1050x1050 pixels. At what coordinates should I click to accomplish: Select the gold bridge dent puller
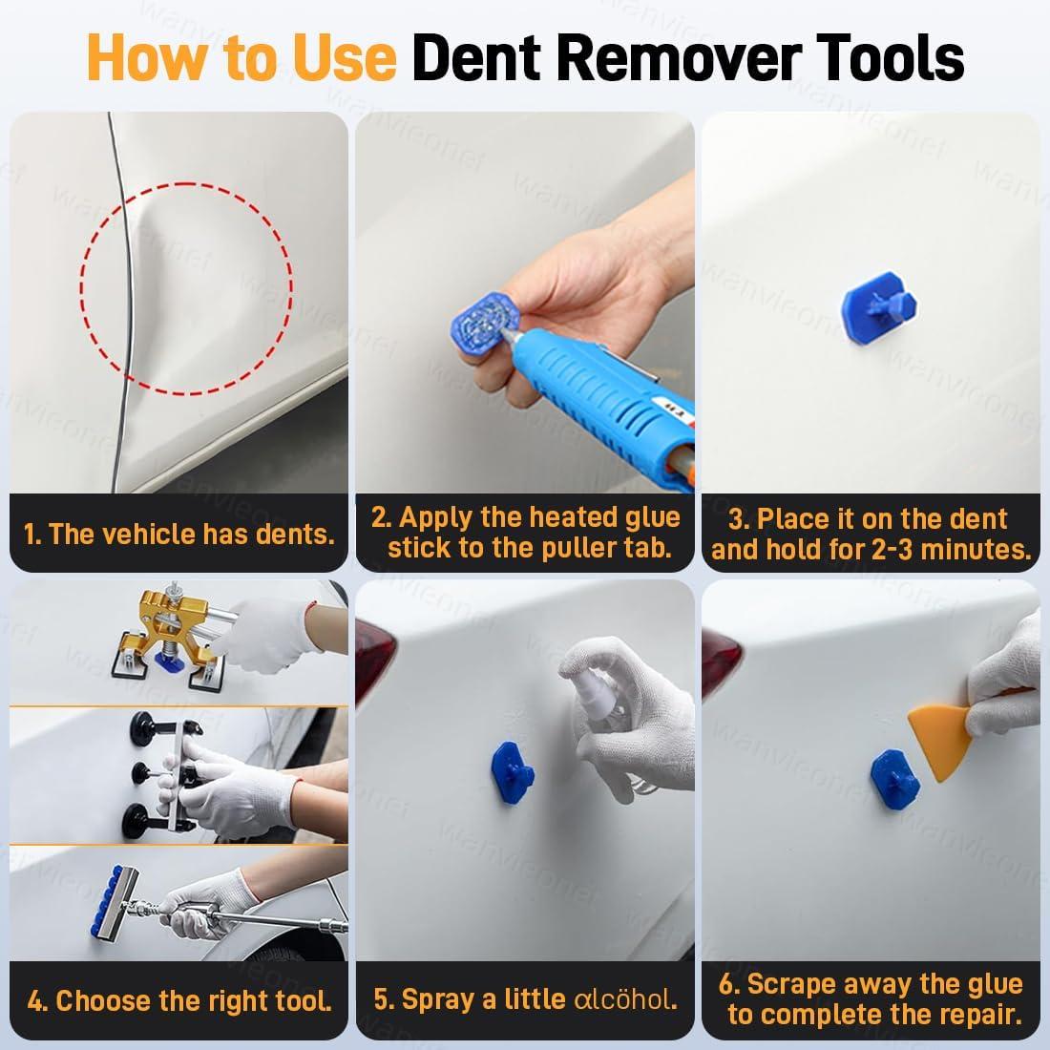pos(172,634)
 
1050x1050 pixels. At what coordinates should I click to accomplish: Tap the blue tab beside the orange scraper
pos(895,779)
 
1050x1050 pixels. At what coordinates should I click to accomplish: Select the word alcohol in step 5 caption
pos(625,999)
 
